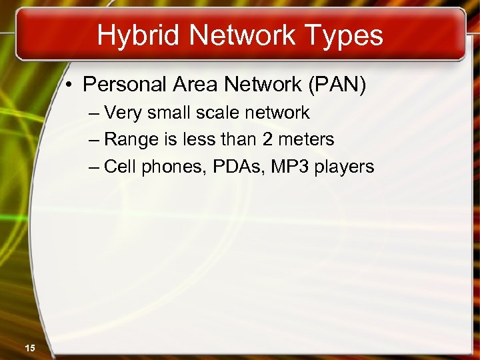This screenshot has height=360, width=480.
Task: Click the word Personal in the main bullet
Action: (125, 85)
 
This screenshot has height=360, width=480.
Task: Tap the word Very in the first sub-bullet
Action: (123, 113)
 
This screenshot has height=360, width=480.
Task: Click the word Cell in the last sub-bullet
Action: (120, 166)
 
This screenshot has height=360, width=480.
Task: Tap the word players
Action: (345, 167)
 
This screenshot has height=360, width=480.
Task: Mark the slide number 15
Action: (30, 347)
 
